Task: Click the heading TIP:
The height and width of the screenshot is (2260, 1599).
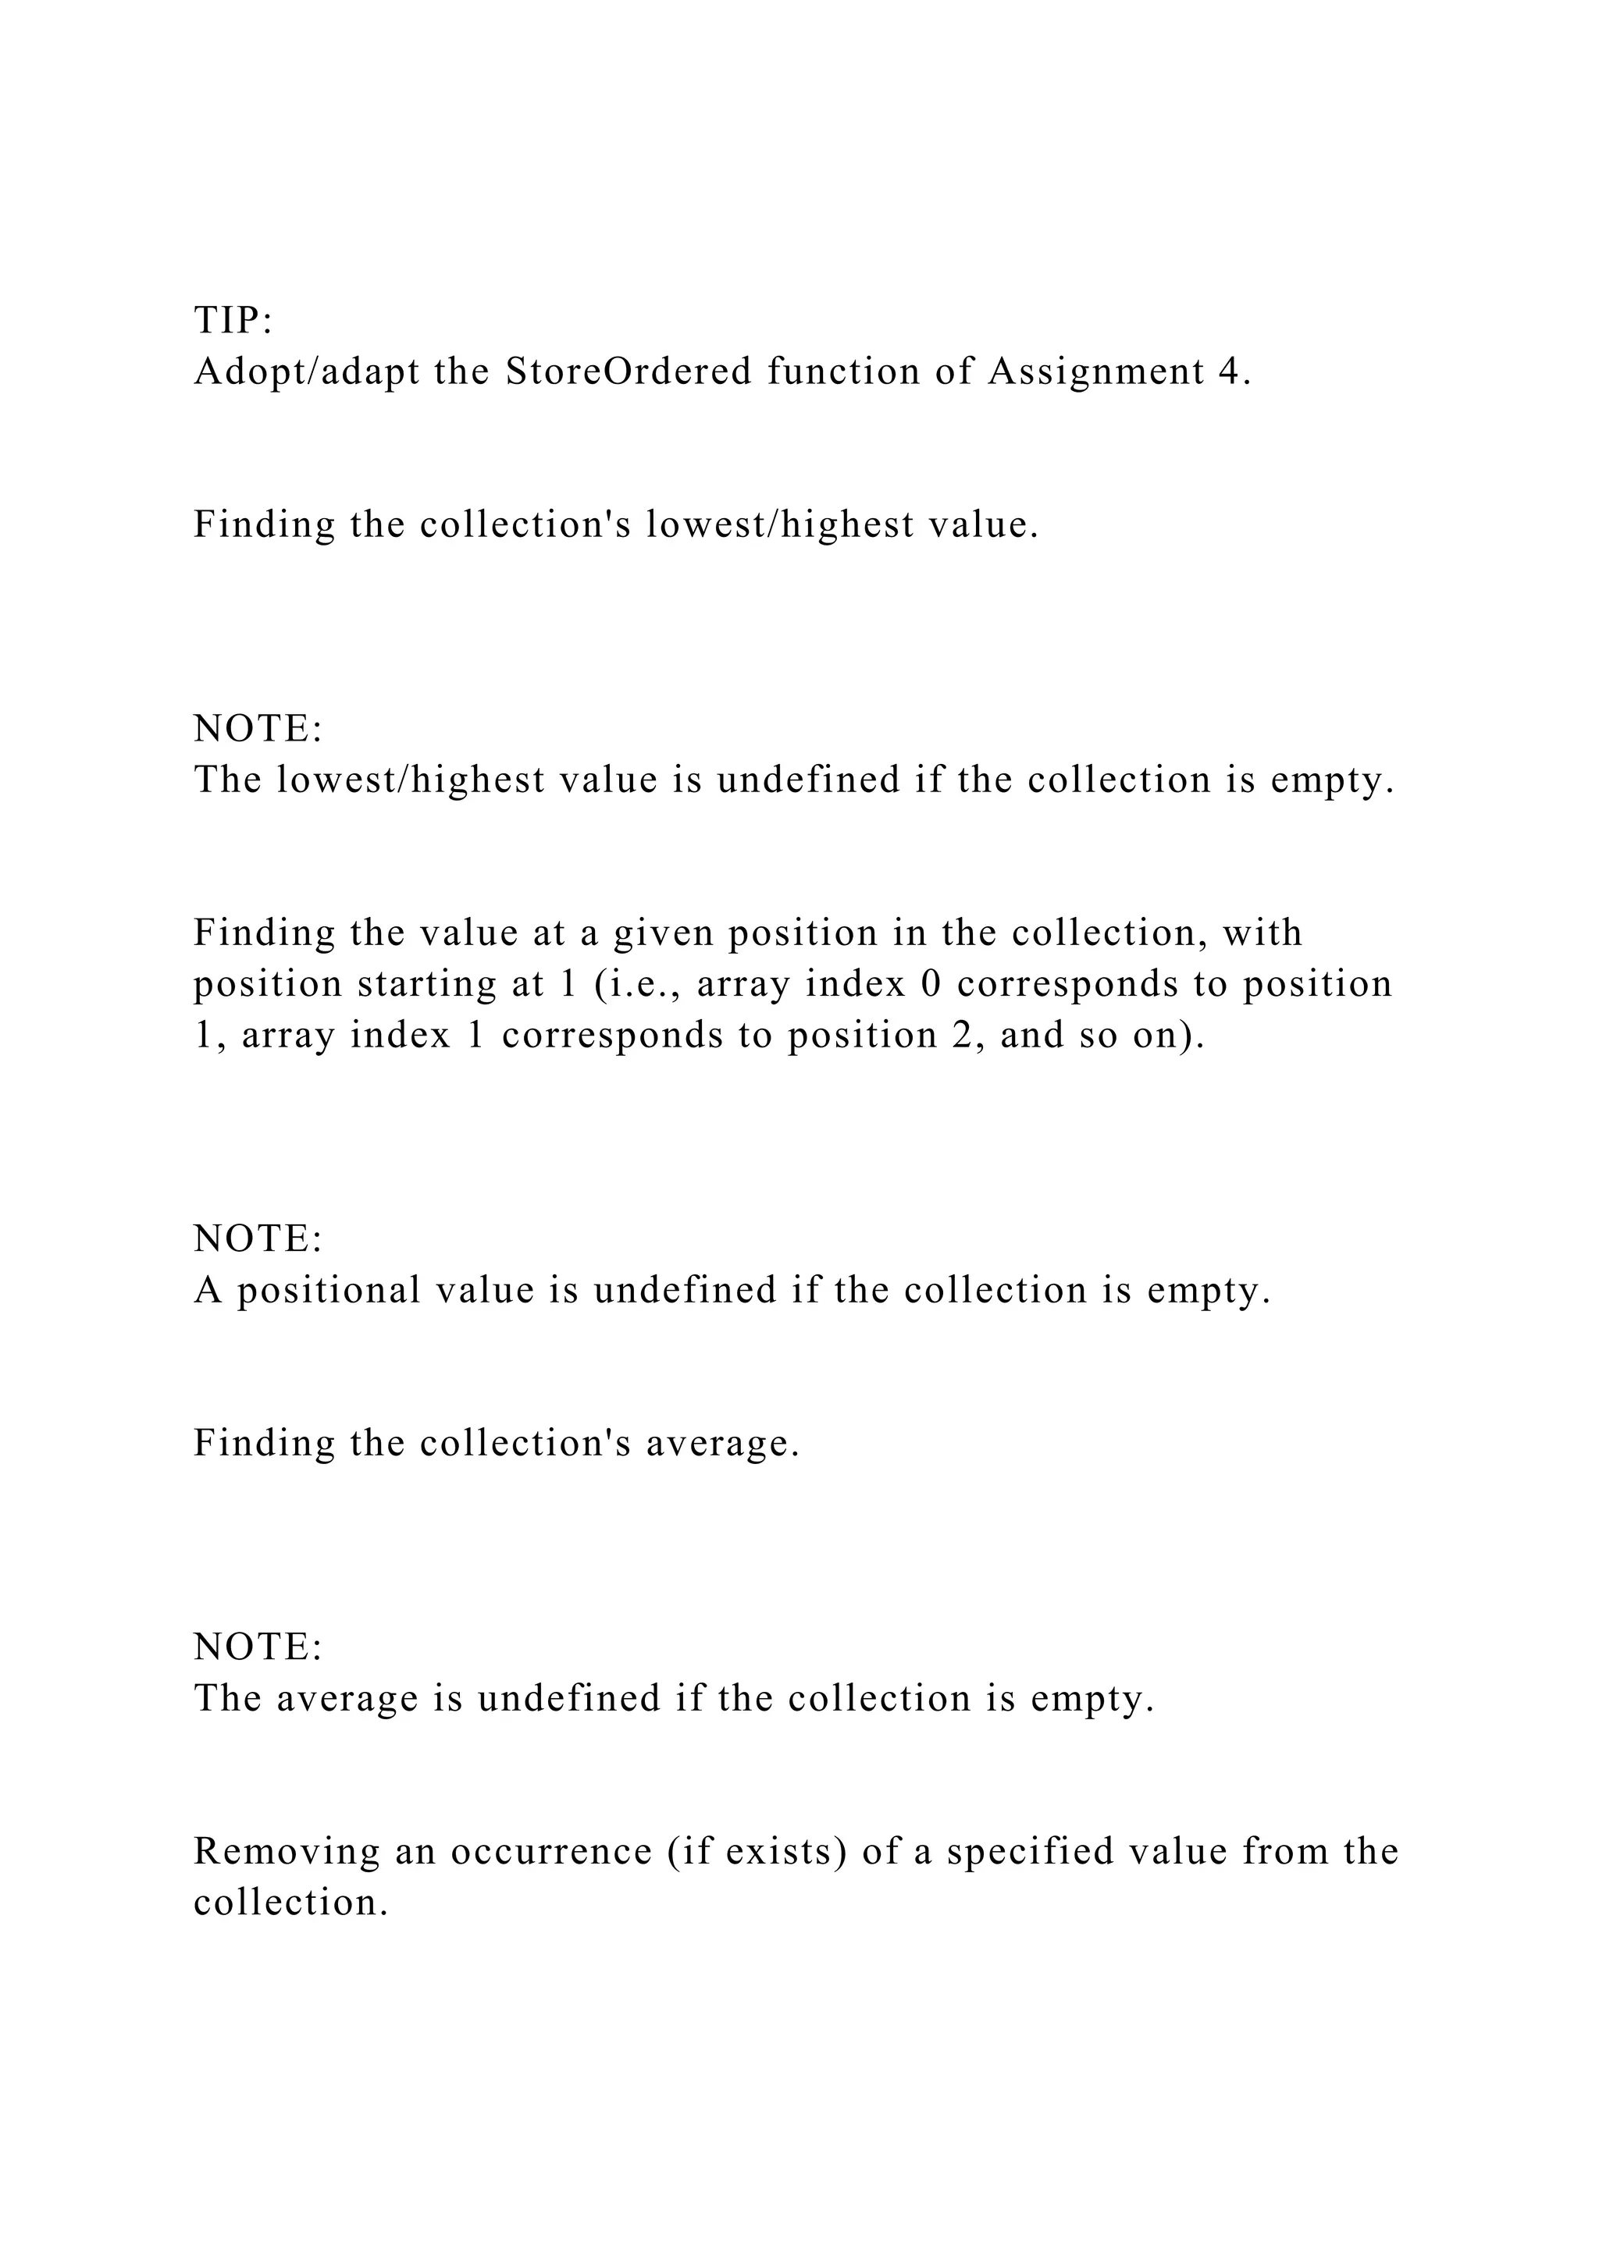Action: point(233,321)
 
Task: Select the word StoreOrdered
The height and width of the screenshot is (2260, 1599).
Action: point(629,372)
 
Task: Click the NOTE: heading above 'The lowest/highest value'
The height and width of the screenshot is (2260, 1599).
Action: point(258,730)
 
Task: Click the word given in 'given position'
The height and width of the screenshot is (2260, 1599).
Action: point(663,933)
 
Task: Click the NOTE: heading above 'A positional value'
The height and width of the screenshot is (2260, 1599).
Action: point(258,1239)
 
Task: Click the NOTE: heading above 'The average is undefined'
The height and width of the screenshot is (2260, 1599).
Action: point(258,1647)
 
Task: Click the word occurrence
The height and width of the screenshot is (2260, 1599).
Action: point(551,1852)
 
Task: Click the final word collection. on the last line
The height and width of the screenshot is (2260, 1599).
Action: point(290,1903)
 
